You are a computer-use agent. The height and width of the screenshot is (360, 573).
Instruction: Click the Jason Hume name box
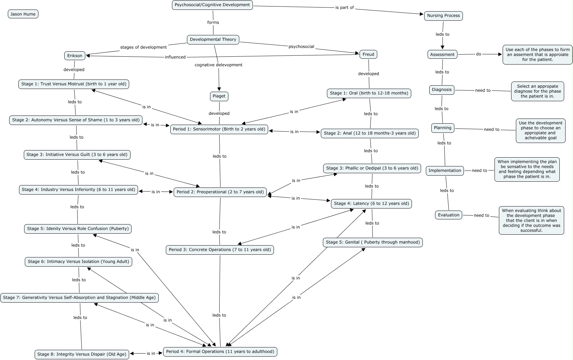pos(23,14)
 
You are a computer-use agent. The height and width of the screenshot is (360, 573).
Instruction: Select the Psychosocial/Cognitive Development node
pos(212,5)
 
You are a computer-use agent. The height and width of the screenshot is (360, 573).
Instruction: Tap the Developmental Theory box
pos(213,39)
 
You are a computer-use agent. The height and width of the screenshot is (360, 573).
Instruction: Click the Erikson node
pos(75,56)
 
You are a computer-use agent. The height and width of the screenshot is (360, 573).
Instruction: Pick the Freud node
pos(368,54)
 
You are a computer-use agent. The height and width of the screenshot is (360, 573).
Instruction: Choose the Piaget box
pos(219,96)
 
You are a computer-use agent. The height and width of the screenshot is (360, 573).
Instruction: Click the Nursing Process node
pos(444,16)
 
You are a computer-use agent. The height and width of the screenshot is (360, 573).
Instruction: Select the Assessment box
pos(442,54)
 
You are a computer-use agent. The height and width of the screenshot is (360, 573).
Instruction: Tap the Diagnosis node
pos(442,90)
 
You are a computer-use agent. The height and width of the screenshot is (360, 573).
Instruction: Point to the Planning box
pos(442,128)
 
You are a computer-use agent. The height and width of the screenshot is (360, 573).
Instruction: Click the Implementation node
pos(445,170)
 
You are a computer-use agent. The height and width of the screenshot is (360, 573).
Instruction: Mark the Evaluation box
pos(449,215)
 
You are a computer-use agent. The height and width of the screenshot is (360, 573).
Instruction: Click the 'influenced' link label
pos(175,57)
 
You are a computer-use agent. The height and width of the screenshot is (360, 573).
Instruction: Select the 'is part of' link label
pos(345,7)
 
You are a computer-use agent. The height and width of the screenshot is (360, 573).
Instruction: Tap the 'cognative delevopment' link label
pos(219,65)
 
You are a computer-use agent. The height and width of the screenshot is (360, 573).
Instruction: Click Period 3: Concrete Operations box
pos(220,250)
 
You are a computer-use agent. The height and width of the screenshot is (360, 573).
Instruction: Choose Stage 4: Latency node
pos(371,203)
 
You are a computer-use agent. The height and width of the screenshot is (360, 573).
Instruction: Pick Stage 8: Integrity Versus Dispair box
pos(82,354)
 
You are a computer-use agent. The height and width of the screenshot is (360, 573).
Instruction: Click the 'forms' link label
pos(213,22)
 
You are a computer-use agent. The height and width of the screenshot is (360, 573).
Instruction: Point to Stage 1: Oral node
pos(369,93)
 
